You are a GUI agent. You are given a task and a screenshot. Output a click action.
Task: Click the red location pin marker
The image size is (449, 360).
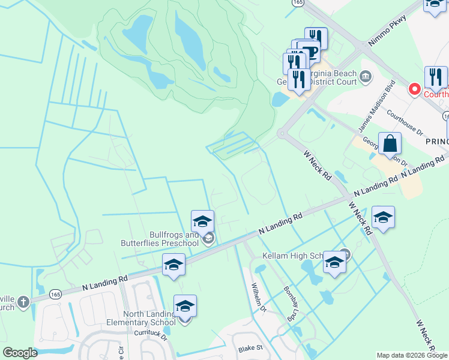pos(414,89)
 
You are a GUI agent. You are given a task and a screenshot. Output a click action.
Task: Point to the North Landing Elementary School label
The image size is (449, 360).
pos(149,318)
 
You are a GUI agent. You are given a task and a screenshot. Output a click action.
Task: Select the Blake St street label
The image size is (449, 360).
pos(250,348)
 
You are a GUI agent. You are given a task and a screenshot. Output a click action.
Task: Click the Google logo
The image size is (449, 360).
pos(20,353)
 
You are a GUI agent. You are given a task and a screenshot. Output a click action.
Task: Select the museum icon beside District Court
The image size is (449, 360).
pos(366,76)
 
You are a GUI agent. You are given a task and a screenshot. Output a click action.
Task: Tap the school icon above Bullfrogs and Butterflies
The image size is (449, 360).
pos(203,221)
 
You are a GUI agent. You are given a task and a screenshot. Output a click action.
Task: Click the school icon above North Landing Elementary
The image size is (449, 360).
pos(185,306)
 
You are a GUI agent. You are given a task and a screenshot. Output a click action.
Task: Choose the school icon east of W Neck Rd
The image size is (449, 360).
pos(382,217)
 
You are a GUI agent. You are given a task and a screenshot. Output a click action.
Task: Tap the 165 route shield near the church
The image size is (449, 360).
pos(56,293)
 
